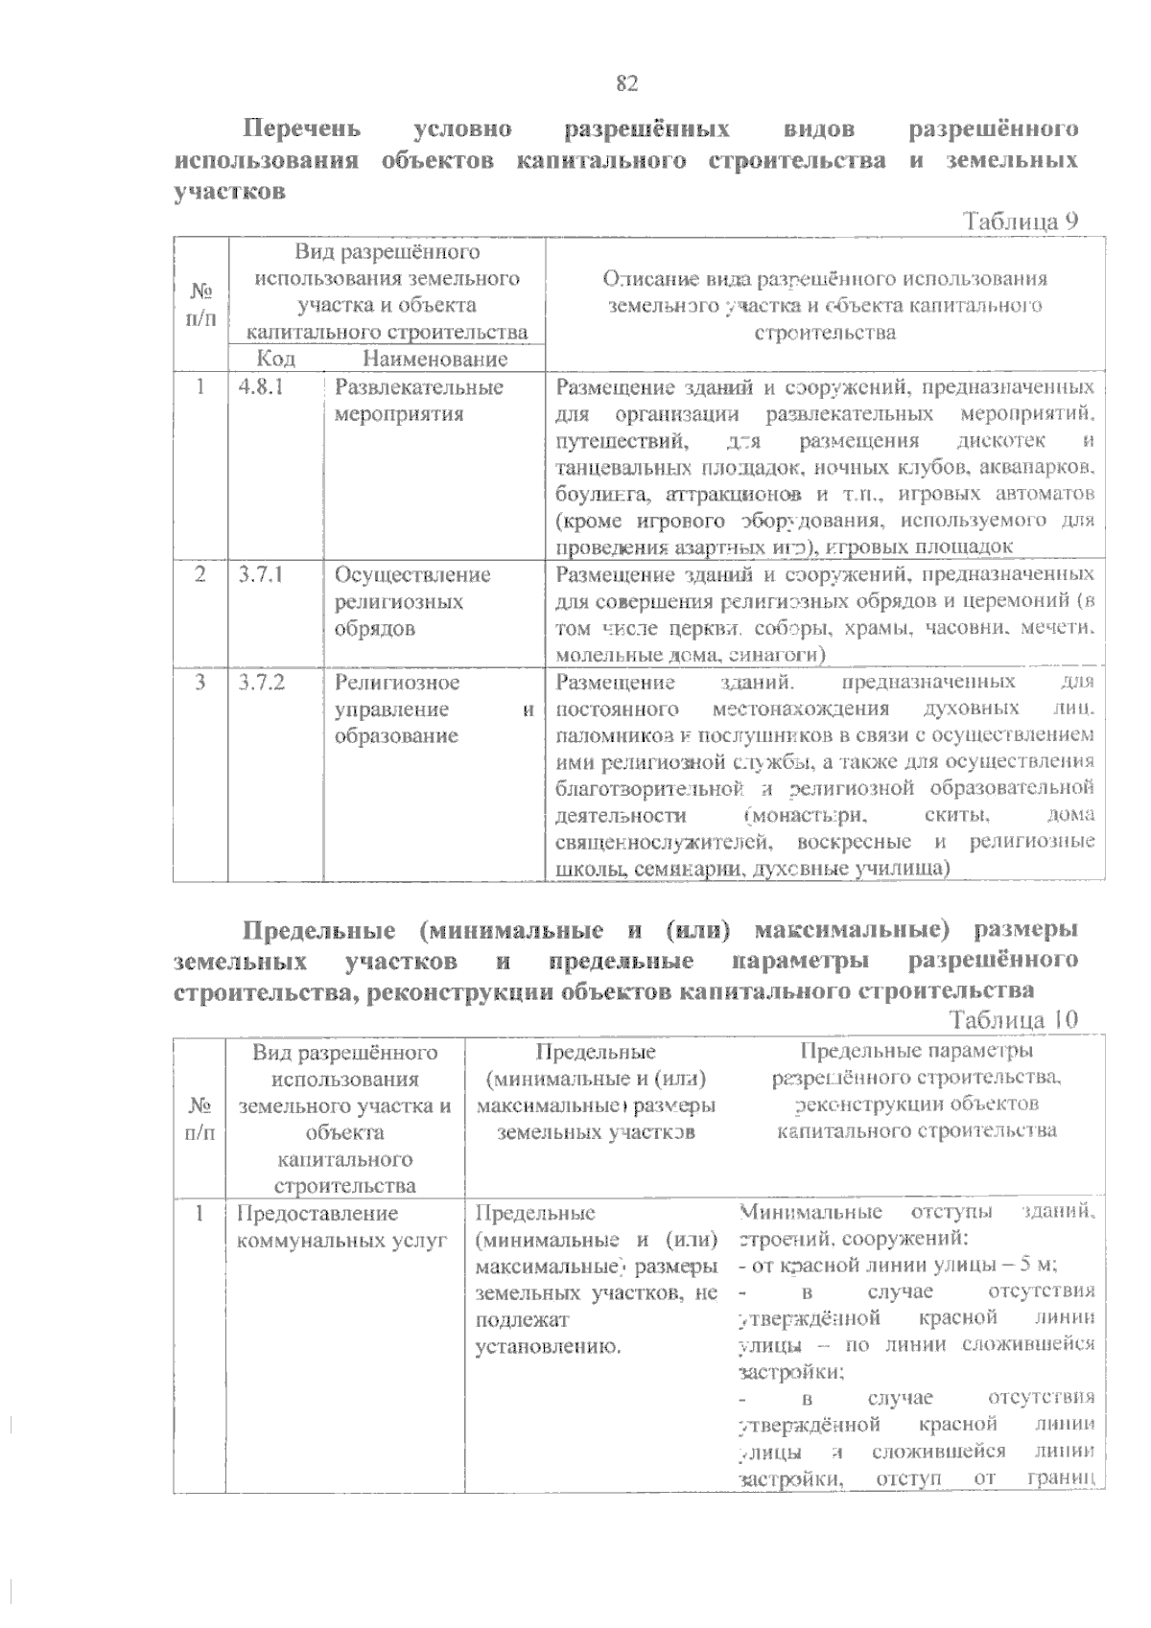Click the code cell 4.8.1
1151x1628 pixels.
(260, 387)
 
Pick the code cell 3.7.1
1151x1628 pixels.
(260, 575)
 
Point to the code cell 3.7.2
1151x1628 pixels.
(261, 683)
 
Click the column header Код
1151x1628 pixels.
(276, 359)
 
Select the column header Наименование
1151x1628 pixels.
(435, 359)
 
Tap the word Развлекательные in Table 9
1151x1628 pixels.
(418, 387)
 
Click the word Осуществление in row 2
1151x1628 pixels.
(412, 575)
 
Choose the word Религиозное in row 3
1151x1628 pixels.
(397, 683)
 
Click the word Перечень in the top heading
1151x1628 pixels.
(301, 128)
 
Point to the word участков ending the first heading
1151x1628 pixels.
(229, 190)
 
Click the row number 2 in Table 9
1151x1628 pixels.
(200, 575)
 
